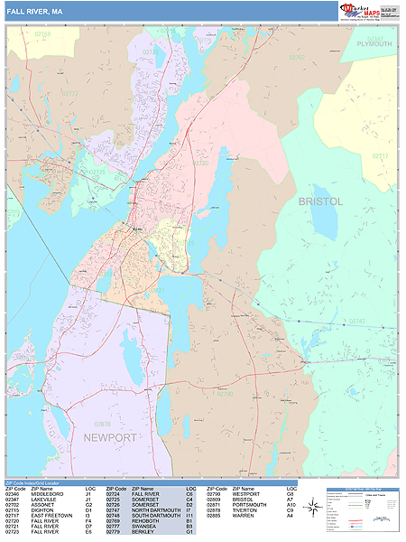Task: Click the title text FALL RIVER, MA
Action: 34,11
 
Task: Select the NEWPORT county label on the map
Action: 110,437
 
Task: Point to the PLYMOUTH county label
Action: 374,43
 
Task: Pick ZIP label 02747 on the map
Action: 382,322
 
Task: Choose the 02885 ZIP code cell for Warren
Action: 215,517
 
